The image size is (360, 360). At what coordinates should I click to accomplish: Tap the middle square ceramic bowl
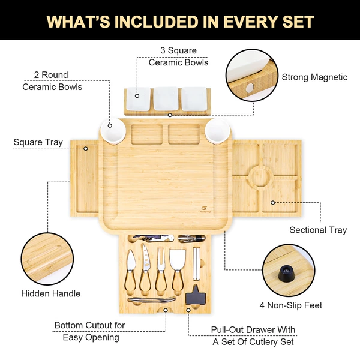(x=166, y=98)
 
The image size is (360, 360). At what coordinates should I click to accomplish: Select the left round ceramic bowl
(x=113, y=131)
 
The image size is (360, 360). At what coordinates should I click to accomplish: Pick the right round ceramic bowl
(x=218, y=131)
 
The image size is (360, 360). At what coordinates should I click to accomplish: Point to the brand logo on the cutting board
(x=205, y=209)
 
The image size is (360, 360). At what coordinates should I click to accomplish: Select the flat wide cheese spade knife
(x=177, y=271)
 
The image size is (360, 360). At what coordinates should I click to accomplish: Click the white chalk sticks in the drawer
(x=197, y=264)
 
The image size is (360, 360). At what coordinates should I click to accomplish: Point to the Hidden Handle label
(x=51, y=293)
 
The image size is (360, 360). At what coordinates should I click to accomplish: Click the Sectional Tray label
(x=318, y=230)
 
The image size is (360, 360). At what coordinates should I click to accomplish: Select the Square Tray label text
(x=38, y=142)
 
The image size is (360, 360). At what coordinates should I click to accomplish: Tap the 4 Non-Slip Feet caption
(x=291, y=305)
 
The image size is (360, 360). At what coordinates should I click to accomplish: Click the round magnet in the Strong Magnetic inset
(x=250, y=87)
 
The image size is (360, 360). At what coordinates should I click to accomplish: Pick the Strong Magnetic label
(x=314, y=77)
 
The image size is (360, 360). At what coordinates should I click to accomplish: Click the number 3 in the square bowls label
(x=163, y=50)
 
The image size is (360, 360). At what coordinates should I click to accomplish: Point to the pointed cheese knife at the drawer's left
(x=131, y=271)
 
